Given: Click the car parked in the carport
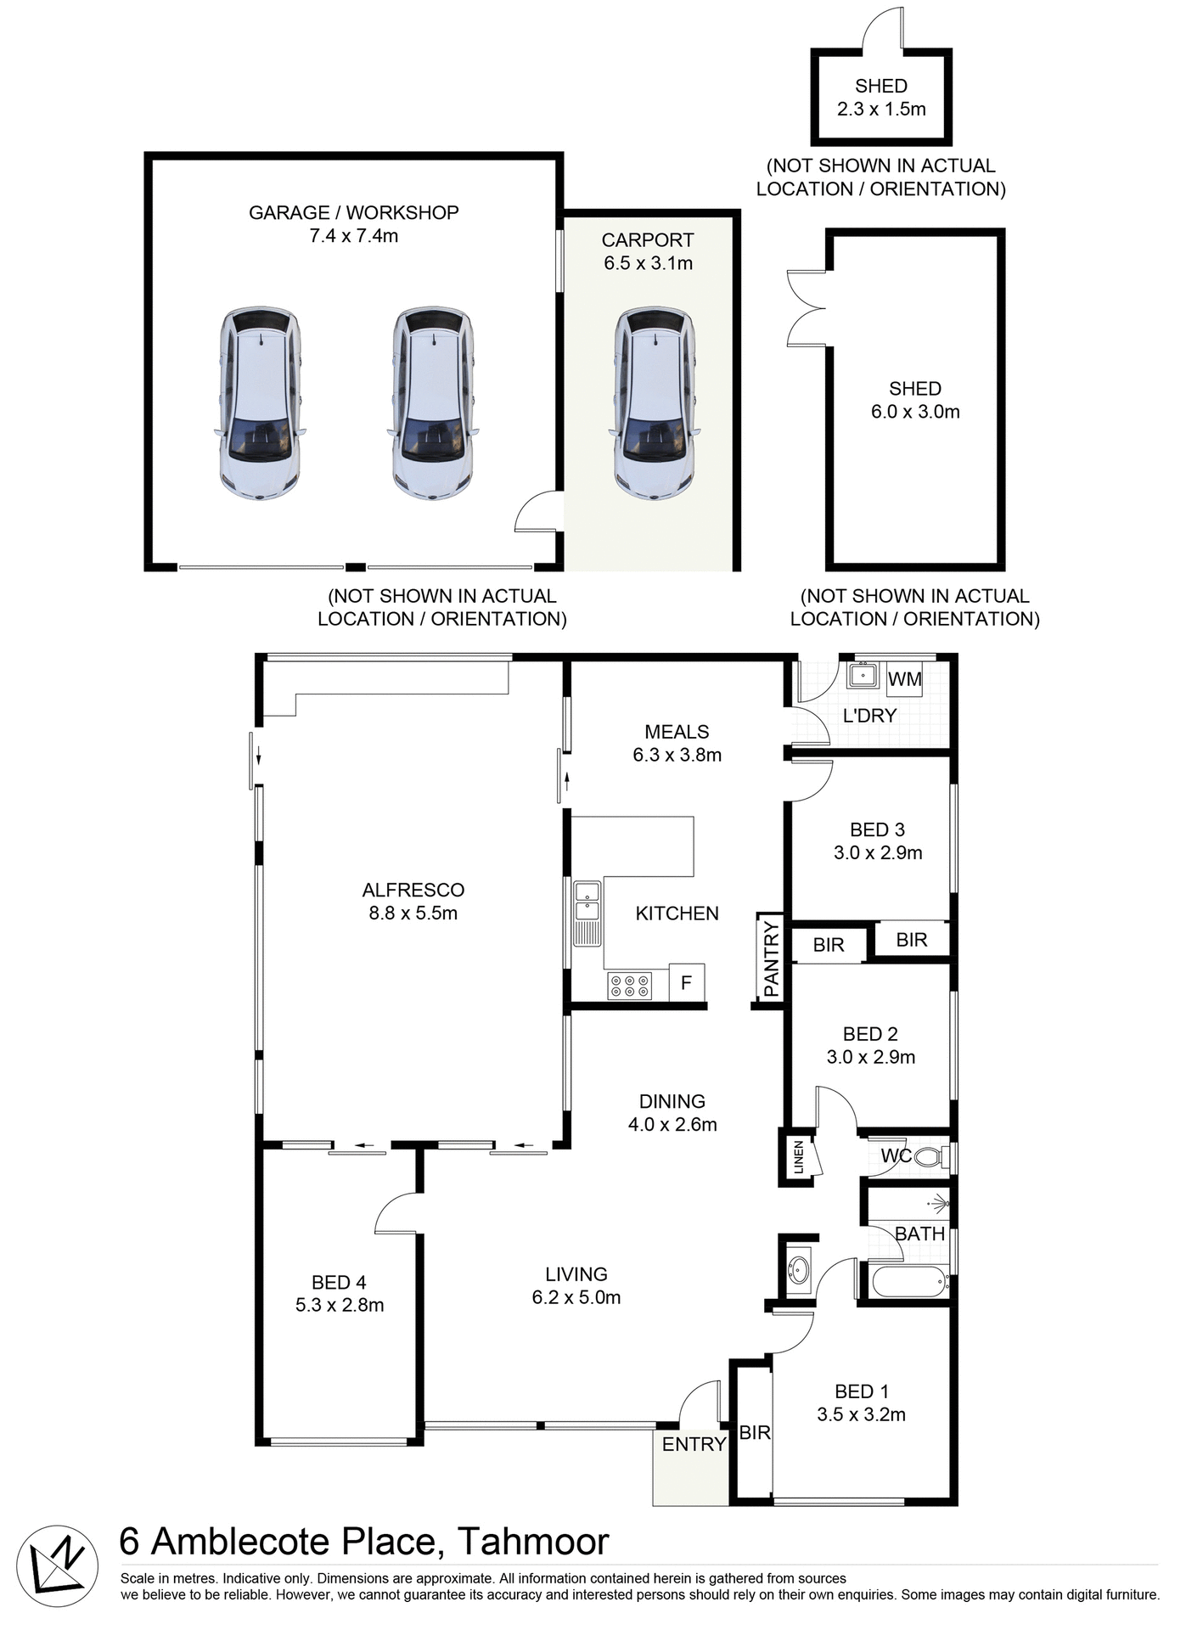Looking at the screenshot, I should (x=655, y=403).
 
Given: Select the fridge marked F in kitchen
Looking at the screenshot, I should (x=686, y=982).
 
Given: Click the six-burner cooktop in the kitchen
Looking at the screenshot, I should (x=629, y=986).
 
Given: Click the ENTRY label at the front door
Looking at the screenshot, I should (x=694, y=1444).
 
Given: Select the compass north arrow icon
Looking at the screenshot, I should (x=58, y=1566).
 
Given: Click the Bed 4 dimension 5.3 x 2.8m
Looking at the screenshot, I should (x=340, y=1305).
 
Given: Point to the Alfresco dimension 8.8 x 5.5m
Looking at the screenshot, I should (x=413, y=913).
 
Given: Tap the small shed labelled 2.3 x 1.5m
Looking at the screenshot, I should (x=881, y=98).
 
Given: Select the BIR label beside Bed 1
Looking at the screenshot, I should (x=754, y=1433).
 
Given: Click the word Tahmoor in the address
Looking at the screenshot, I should (x=533, y=1542).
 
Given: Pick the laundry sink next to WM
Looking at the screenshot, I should (x=863, y=677).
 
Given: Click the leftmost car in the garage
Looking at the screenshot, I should (x=259, y=403).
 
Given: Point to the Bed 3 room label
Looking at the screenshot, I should (x=877, y=829).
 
